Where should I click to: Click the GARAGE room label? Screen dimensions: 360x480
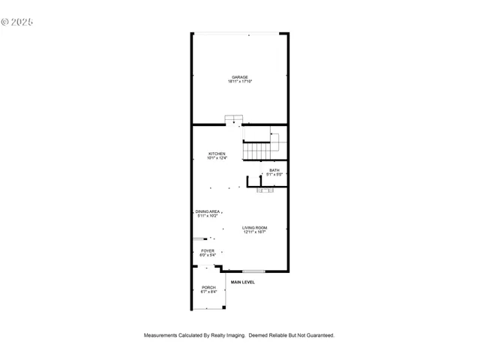(240, 77)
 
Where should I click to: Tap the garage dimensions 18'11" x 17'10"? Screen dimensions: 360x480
(240, 82)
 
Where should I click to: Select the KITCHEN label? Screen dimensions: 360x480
(217, 154)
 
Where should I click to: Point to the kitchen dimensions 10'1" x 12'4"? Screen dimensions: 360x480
(217, 158)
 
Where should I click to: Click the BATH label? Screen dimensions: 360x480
(274, 170)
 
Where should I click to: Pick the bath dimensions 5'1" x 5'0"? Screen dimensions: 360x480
(274, 175)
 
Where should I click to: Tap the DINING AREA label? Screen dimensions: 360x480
(208, 211)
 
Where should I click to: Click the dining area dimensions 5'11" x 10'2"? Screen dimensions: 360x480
(208, 216)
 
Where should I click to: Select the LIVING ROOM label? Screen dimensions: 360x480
(255, 227)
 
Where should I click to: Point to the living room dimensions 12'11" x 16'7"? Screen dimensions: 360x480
(255, 232)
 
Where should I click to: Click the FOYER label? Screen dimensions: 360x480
(208, 250)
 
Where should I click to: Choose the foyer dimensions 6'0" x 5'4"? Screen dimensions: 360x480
(208, 255)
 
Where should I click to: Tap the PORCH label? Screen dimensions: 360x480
(208, 288)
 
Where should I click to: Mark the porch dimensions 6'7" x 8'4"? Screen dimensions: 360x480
(208, 292)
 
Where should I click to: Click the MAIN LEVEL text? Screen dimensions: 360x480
(242, 282)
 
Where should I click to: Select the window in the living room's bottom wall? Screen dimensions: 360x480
(253, 271)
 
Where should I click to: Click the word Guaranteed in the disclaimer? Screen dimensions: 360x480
(318, 335)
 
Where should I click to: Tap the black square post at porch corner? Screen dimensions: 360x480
(225, 307)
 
